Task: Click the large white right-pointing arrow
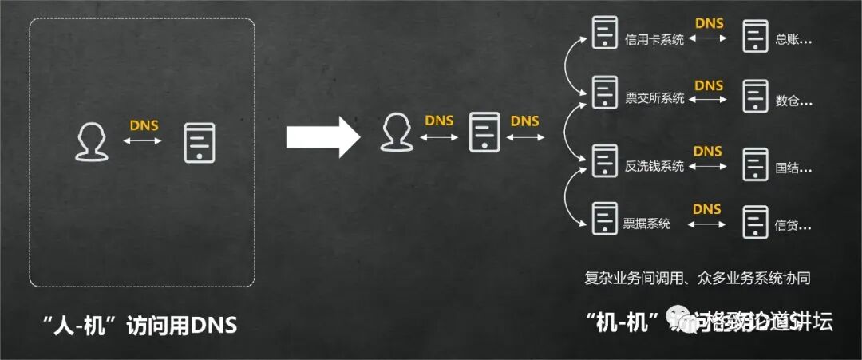coord(323,137)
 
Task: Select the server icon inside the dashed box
coord(200,143)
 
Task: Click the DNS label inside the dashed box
coord(144,125)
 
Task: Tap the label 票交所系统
coord(654,99)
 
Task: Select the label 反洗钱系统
coord(654,166)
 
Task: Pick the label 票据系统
coord(646,224)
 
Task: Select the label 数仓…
coord(793,101)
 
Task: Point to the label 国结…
coord(793,168)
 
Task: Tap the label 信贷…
coord(793,226)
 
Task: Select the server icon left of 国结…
coord(754,163)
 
